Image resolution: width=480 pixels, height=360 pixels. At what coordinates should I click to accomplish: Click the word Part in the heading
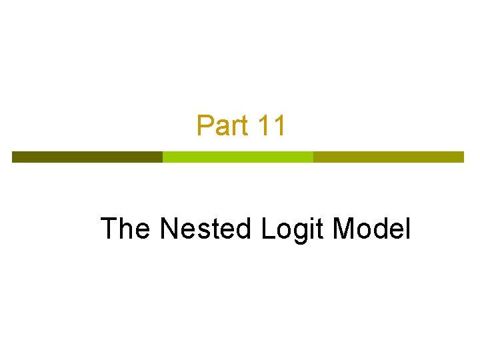coord(223,125)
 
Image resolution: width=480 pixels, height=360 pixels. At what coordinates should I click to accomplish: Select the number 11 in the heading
coord(271,125)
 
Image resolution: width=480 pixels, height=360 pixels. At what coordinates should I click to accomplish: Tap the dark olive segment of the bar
coord(87,157)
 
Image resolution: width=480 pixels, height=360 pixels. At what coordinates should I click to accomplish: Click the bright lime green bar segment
coord(238,157)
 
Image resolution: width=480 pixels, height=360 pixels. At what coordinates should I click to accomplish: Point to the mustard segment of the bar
coord(388,157)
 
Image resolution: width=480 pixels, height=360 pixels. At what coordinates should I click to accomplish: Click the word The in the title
coord(125,229)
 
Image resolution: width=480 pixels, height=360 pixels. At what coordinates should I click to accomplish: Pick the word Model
coord(371,229)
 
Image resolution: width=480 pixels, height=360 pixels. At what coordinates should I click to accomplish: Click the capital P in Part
coord(204,125)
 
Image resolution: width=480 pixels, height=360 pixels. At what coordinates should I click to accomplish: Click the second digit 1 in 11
coord(279,125)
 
